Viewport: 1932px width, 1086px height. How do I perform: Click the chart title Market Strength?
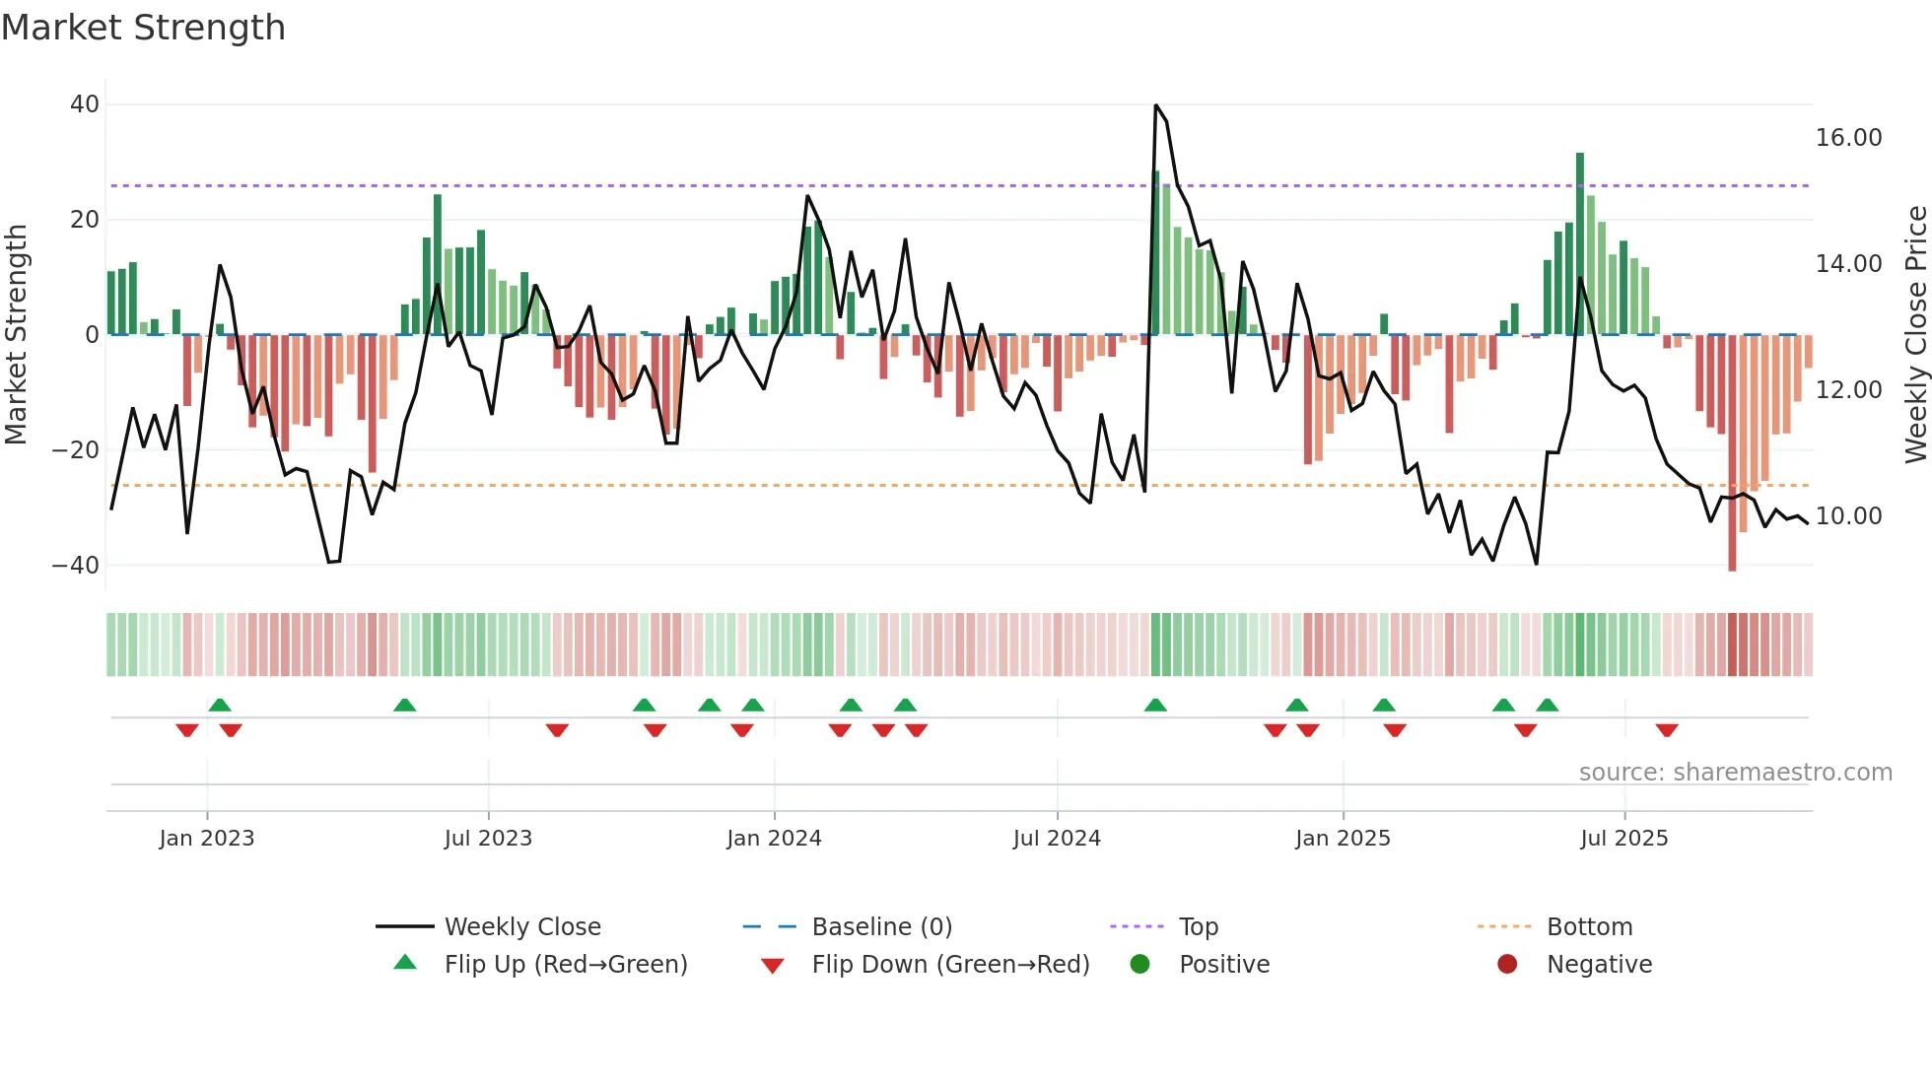click(x=143, y=28)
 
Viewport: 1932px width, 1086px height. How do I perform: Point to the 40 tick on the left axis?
click(x=85, y=104)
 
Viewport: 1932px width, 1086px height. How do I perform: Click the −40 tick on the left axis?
click(x=76, y=566)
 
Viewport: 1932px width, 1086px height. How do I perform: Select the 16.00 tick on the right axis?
click(x=1848, y=138)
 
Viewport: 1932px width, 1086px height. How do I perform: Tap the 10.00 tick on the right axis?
click(x=1848, y=516)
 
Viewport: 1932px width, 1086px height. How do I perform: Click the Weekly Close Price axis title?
click(x=1915, y=335)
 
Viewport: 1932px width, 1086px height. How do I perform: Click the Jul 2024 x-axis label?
click(x=1057, y=839)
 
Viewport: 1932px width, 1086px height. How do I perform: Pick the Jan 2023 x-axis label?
click(x=207, y=839)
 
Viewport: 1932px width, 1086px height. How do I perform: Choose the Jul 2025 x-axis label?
click(x=1623, y=839)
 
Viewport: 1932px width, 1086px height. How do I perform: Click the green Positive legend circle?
click(x=1140, y=965)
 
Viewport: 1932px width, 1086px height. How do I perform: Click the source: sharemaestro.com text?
click(x=1735, y=773)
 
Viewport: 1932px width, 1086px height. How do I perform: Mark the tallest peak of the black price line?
click(x=1156, y=105)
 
